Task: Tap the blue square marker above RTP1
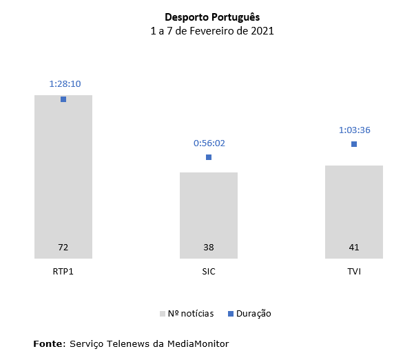[63, 99]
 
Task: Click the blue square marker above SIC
[209, 157]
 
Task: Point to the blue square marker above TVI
[354, 144]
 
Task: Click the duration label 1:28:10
[65, 84]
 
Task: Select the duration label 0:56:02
[209, 143]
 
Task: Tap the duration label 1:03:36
[355, 130]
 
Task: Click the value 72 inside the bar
[63, 247]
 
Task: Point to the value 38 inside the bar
[209, 247]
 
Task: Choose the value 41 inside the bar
[354, 247]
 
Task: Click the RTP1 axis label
[63, 271]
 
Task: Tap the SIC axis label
[209, 271]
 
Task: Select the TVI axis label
[354, 271]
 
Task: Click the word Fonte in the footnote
[48, 343]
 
